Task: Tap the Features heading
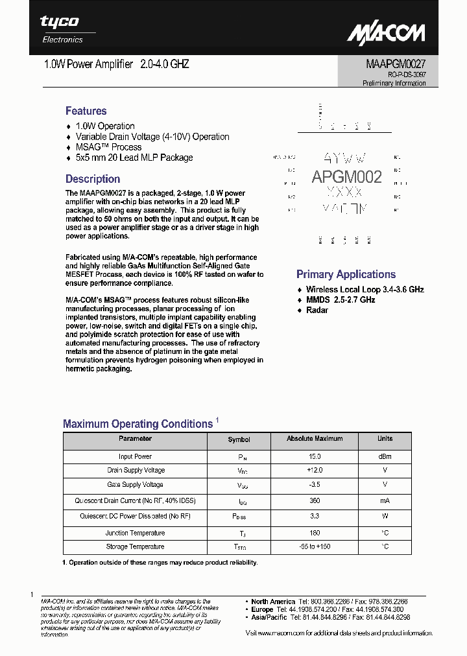pos(86,111)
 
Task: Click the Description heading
pos(93,179)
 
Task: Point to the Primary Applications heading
pos(346,274)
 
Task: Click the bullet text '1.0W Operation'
pos(105,126)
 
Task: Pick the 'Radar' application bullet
pos(317,310)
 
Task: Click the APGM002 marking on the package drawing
pos(346,176)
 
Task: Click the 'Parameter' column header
pos(135,439)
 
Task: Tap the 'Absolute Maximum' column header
pos(315,439)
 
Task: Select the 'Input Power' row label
pos(135,456)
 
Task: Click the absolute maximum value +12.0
pos(314,471)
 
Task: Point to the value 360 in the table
pos(314,501)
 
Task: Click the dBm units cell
pos(385,456)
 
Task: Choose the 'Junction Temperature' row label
pos(135,533)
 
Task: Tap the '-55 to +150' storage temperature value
pos(314,547)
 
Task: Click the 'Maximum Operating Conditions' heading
pos(138,424)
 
